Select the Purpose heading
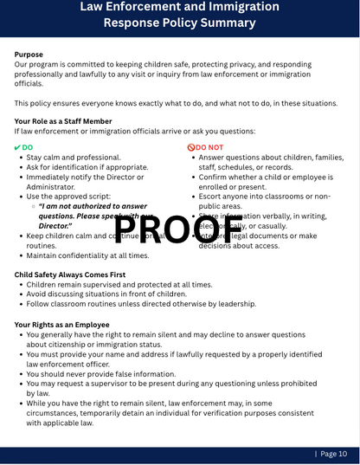click(x=29, y=55)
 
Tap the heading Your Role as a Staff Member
click(x=63, y=121)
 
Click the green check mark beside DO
click(x=18, y=148)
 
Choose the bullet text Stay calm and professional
click(x=74, y=158)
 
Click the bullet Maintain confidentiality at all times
click(x=87, y=255)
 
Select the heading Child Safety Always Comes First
click(x=70, y=274)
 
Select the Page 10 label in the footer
click(x=333, y=454)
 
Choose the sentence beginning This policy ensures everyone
click(x=176, y=103)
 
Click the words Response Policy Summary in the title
click(x=179, y=23)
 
